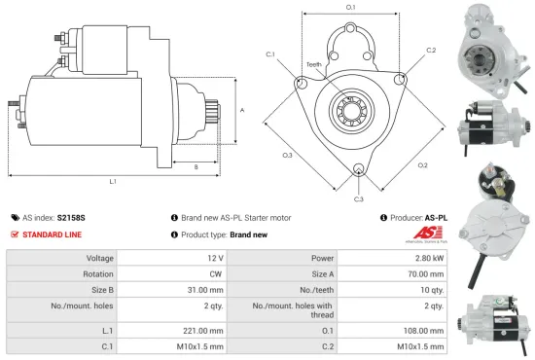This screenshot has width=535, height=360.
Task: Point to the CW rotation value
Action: [215, 273]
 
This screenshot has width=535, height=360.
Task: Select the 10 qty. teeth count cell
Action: [432, 289]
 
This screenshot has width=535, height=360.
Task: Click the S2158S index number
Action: [71, 218]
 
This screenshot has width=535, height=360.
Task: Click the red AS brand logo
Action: [426, 234]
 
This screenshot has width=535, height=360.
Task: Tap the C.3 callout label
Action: [358, 198]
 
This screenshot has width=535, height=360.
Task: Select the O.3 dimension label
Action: [288, 155]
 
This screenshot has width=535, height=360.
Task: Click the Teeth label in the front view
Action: [313, 64]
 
